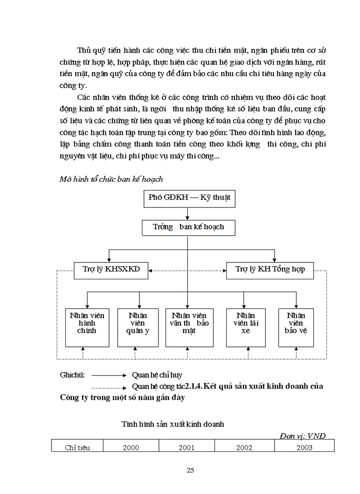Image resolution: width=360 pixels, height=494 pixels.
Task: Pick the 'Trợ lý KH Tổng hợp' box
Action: point(270,269)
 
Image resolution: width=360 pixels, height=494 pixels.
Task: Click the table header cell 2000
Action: point(131,447)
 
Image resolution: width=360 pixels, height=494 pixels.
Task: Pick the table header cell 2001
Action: point(186,447)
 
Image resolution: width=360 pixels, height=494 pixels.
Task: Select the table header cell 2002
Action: point(244,447)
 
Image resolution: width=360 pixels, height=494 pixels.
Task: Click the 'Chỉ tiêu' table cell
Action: point(77,447)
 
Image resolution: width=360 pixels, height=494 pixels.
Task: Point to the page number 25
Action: point(190,470)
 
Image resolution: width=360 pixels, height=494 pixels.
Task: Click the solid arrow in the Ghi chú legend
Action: point(109,376)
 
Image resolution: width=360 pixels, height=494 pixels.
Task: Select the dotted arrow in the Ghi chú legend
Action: point(109,386)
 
